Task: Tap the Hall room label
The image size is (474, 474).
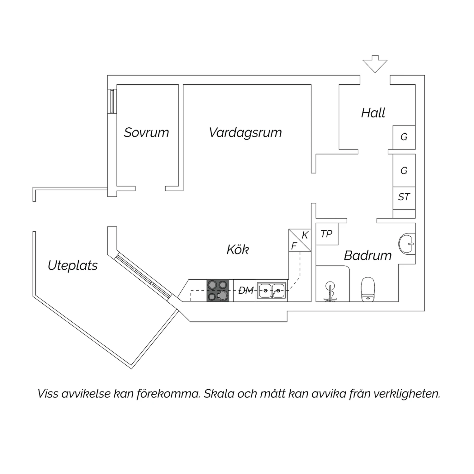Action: [x=373, y=113]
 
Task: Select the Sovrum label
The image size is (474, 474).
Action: [x=146, y=132]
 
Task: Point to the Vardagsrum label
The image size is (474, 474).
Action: [x=245, y=132]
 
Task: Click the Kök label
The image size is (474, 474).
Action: [x=238, y=250]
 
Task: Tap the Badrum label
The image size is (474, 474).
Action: [x=368, y=255]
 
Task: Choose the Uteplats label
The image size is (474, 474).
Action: [x=73, y=265]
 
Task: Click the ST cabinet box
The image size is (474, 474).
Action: [x=404, y=197]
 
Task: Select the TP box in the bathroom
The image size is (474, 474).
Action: [x=327, y=234]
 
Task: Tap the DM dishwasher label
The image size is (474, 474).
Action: [x=246, y=290]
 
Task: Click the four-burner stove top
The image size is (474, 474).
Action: [x=218, y=290]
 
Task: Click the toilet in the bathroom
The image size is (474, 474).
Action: [x=368, y=289]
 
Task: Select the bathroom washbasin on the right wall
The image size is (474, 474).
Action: [x=407, y=244]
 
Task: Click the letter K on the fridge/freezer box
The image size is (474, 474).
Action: [x=305, y=235]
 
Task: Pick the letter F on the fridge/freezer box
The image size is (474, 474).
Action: [x=294, y=246]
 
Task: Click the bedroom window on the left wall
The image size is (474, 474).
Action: [x=112, y=101]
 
